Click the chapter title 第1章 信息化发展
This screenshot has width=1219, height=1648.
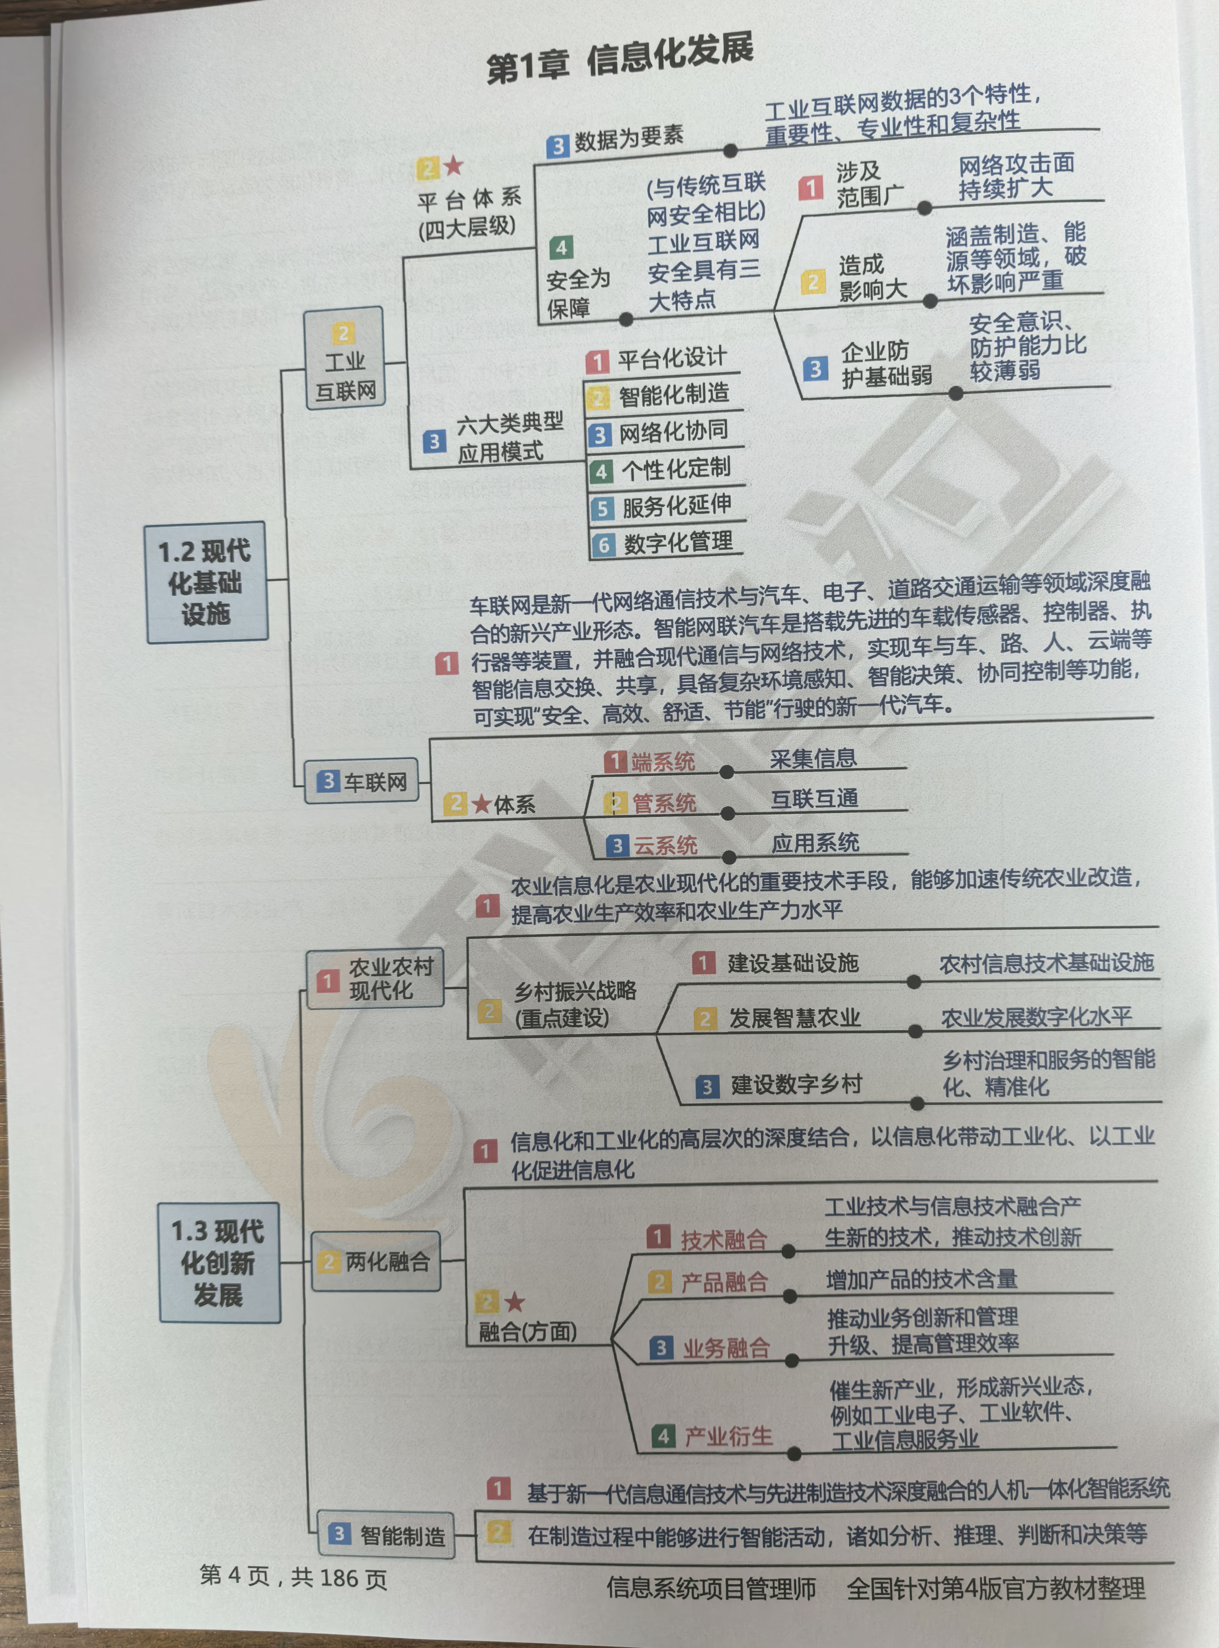coord(620,59)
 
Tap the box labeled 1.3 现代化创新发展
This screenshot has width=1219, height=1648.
coord(219,1263)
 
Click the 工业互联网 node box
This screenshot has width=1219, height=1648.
coord(345,359)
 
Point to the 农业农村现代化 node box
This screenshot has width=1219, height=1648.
coord(376,978)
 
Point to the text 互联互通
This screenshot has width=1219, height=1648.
coord(814,798)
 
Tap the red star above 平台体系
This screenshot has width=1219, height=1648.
coord(453,166)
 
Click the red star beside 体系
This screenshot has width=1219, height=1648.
coord(481,804)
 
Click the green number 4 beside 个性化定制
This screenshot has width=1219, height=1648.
coord(601,471)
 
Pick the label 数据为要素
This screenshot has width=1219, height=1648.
coord(629,138)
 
